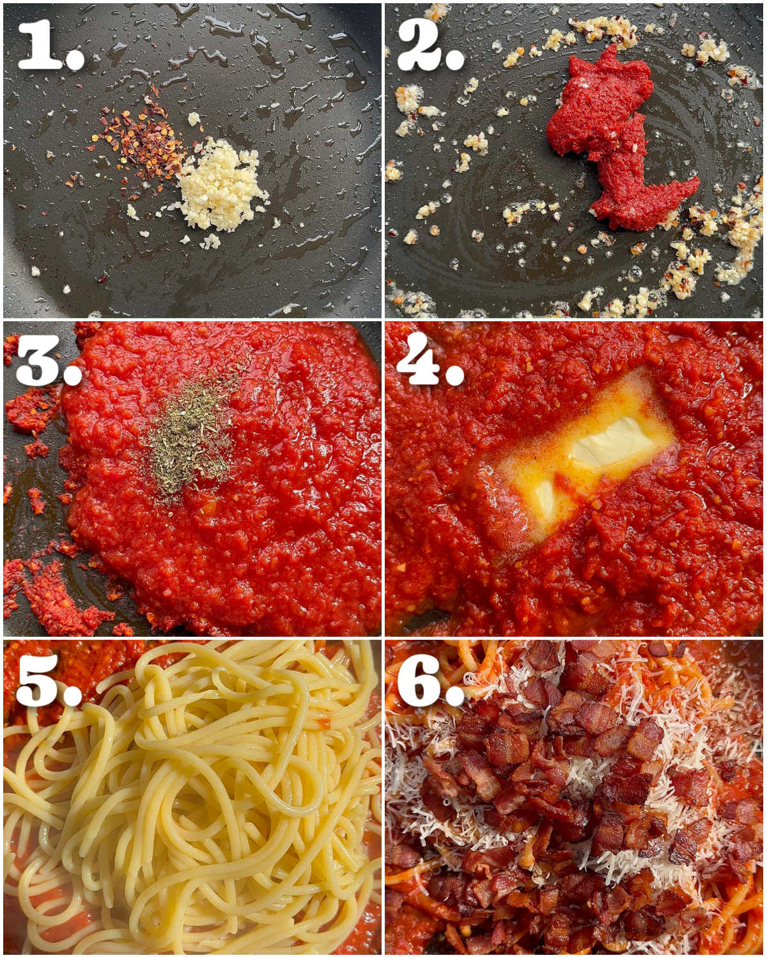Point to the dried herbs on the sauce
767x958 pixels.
[x=192, y=434]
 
